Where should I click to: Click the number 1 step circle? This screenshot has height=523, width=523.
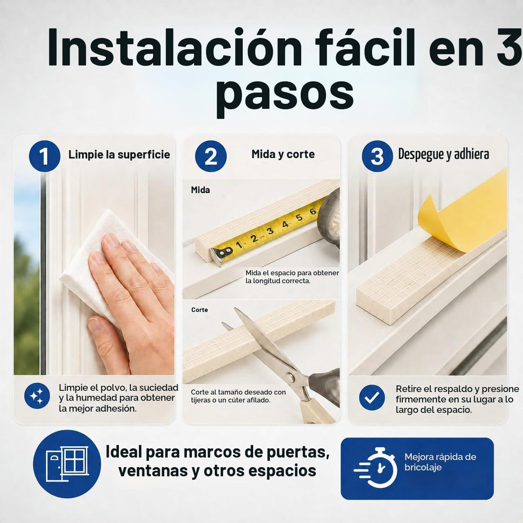click(44, 156)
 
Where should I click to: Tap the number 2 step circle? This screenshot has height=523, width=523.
click(211, 156)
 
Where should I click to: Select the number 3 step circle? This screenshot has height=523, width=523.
click(377, 156)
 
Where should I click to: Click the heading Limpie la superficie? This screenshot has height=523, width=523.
click(119, 155)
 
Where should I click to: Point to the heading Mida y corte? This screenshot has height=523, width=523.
click(283, 154)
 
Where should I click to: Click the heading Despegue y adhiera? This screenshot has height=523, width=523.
click(444, 154)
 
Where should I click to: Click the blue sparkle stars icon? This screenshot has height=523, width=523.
click(37, 396)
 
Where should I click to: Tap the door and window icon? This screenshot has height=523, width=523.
click(67, 464)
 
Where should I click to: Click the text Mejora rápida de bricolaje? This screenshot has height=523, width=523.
click(440, 462)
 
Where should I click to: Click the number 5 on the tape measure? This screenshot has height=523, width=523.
click(299, 217)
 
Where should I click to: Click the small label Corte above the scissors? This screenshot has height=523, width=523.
click(200, 310)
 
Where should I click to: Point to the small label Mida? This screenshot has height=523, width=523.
click(200, 190)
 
